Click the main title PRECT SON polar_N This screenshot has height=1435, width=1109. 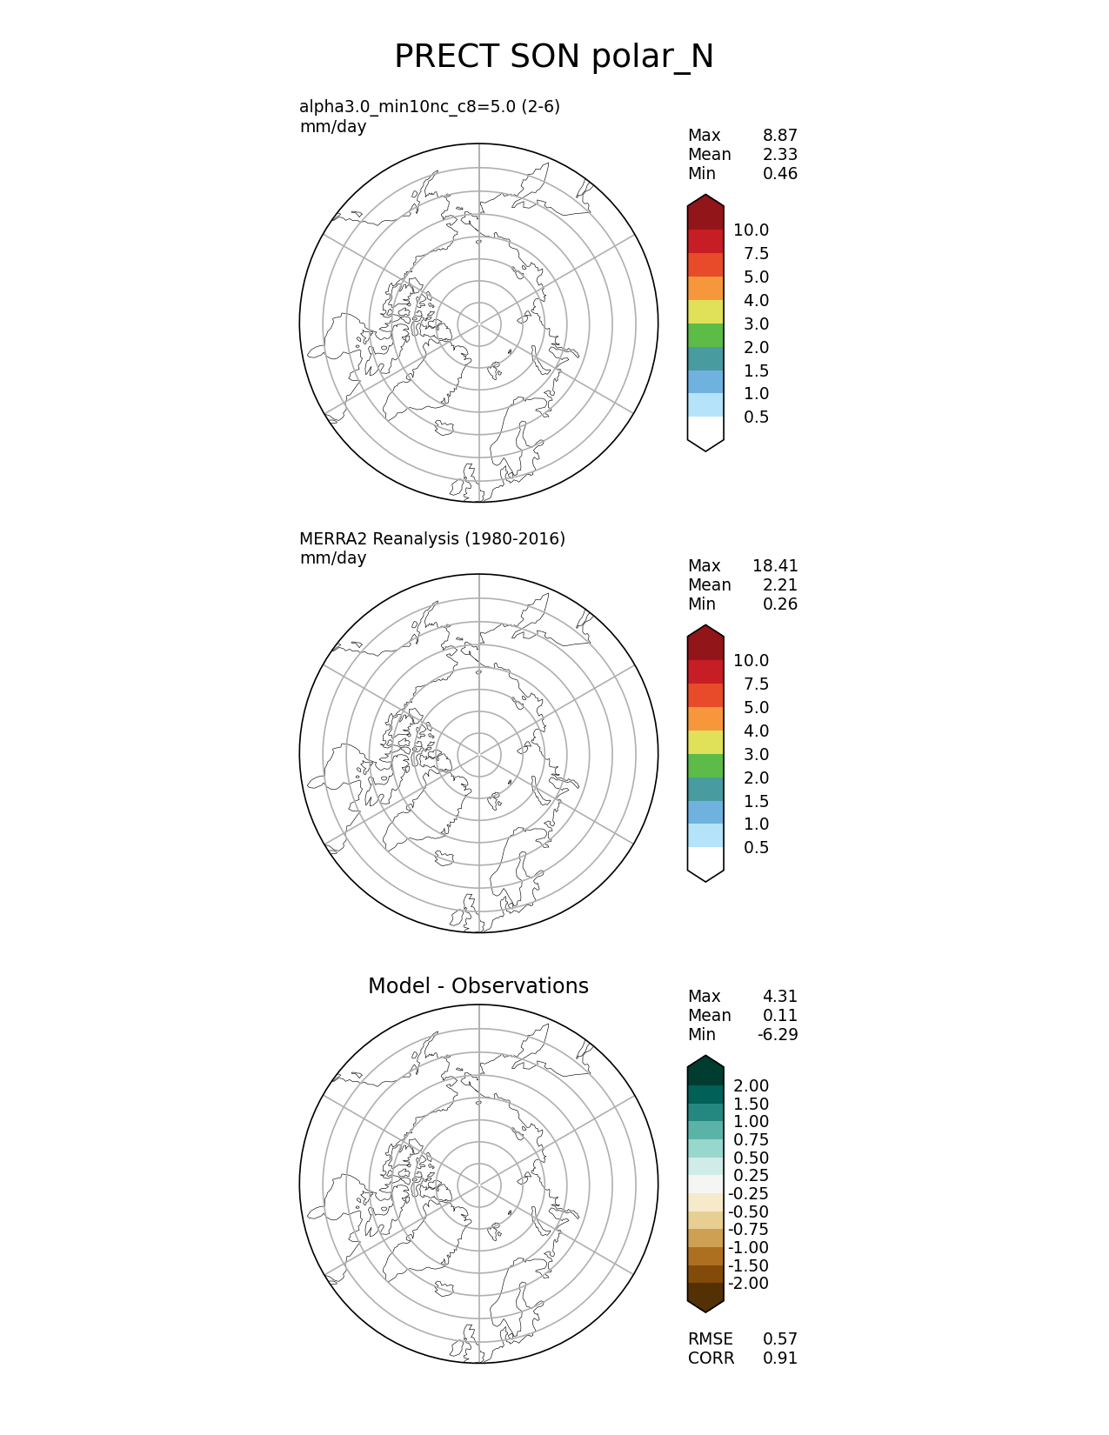click(553, 57)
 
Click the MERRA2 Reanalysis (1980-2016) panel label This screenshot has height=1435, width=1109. click(431, 539)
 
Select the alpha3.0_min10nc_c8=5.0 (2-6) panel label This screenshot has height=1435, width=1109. click(429, 107)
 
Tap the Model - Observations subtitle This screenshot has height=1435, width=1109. click(478, 986)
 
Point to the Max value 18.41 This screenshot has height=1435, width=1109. click(774, 566)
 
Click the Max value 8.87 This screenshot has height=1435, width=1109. click(779, 136)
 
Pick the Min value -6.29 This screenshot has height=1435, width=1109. click(777, 1035)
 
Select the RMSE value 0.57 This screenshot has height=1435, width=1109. click(779, 1339)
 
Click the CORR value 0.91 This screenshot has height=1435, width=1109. click(779, 1358)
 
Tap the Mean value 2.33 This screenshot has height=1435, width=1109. click(779, 155)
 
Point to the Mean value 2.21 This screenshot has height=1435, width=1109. click(779, 585)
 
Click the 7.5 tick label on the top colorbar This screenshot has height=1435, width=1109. click(756, 254)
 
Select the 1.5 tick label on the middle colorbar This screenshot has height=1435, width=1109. click(756, 802)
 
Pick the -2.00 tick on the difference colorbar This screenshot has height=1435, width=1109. click(748, 1284)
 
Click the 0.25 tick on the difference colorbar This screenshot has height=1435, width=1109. click(751, 1176)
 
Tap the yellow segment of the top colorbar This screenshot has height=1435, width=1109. click(705, 312)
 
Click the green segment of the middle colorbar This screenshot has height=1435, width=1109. click(705, 766)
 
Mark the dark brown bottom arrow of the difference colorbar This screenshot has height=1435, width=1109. click(705, 1296)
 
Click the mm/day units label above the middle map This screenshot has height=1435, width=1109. click(333, 558)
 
